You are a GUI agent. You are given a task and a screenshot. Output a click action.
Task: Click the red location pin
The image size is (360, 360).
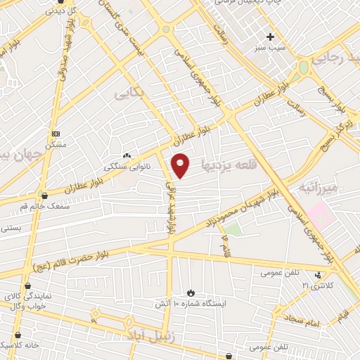click(181, 165)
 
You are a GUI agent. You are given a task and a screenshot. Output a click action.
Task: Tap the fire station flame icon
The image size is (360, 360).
click(190, 292)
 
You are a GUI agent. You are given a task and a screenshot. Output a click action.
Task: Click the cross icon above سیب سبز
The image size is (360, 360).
click(270, 37)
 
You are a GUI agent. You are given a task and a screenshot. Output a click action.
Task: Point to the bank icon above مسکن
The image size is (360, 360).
click(56, 134)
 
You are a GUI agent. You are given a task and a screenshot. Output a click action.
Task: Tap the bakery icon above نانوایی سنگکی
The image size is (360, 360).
click(127, 156)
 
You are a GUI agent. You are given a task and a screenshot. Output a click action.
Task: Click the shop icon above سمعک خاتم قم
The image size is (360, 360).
click(45, 195)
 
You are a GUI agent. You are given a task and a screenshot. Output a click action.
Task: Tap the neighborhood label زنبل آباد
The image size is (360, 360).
click(151, 336)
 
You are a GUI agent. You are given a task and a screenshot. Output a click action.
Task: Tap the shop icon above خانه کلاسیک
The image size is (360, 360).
click(17, 335)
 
